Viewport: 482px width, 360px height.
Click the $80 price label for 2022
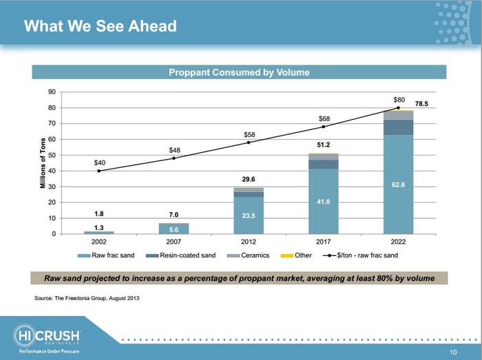point(399,99)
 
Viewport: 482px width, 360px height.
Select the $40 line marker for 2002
point(99,171)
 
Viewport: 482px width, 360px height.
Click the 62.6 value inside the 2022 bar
point(399,185)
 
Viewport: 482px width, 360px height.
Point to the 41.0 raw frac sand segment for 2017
point(324,202)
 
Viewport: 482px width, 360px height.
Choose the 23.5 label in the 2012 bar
point(249,215)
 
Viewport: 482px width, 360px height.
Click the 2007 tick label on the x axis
point(174,243)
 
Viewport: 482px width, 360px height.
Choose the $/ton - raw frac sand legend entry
point(362,255)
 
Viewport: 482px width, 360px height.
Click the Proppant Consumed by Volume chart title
point(240,72)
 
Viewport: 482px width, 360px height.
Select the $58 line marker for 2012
point(249,142)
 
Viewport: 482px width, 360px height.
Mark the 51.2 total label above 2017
point(324,145)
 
